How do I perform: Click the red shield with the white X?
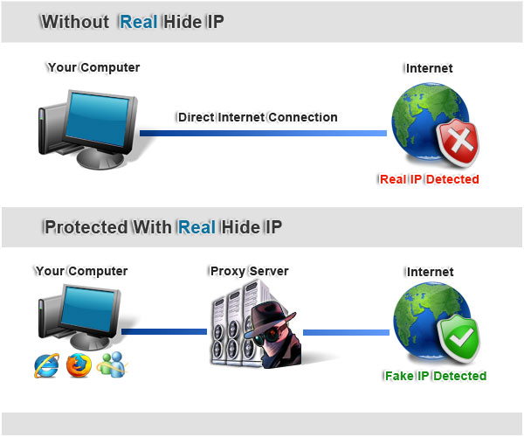[458, 142]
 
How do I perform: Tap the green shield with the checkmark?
[459, 338]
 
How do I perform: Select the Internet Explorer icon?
[47, 366]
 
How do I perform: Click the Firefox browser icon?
[79, 366]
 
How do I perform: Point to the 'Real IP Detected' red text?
[429, 179]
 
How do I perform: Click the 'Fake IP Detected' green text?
[435, 376]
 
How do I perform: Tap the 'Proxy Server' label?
[249, 271]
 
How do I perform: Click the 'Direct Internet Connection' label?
[258, 117]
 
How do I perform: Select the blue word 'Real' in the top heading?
[138, 22]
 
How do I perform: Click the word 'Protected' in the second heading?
[86, 227]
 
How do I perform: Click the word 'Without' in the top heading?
[75, 22]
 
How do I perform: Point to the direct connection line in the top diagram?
[263, 133]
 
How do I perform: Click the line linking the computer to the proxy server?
[164, 331]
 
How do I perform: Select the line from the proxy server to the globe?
[346, 332]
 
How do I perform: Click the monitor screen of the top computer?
[98, 119]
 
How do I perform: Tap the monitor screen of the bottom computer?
[88, 309]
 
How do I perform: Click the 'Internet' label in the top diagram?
[429, 68]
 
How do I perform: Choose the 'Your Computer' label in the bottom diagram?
[81, 271]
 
